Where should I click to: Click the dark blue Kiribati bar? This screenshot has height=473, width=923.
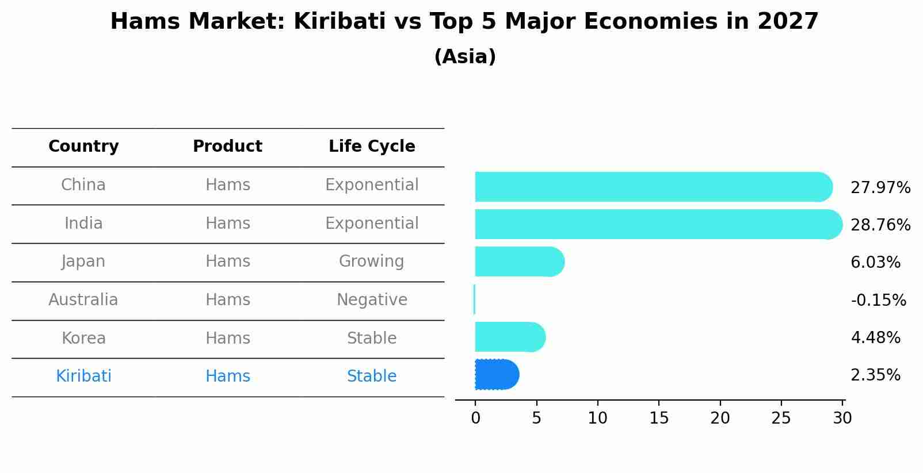tap(496, 375)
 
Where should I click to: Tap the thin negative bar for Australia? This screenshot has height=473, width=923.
tap(474, 299)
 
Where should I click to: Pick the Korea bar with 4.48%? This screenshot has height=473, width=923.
tap(509, 337)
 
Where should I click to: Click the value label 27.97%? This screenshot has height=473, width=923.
tap(880, 188)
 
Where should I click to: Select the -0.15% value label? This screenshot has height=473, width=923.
tap(878, 300)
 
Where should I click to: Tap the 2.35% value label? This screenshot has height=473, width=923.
tap(875, 375)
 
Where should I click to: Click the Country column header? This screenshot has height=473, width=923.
tap(83, 147)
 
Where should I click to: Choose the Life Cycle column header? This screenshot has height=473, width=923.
tap(372, 147)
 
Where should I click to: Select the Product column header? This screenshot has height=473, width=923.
tap(227, 147)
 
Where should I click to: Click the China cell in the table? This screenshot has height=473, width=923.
tap(83, 185)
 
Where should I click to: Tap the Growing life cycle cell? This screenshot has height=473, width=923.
tap(372, 262)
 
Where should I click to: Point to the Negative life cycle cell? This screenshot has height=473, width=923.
tap(372, 300)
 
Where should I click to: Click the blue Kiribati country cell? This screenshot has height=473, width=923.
tap(83, 376)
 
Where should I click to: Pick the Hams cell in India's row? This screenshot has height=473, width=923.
tap(227, 224)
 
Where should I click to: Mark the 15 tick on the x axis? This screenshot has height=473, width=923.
tap(659, 418)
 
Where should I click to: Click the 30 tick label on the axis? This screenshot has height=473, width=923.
tap(842, 418)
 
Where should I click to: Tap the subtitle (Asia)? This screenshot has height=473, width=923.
tap(465, 57)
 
